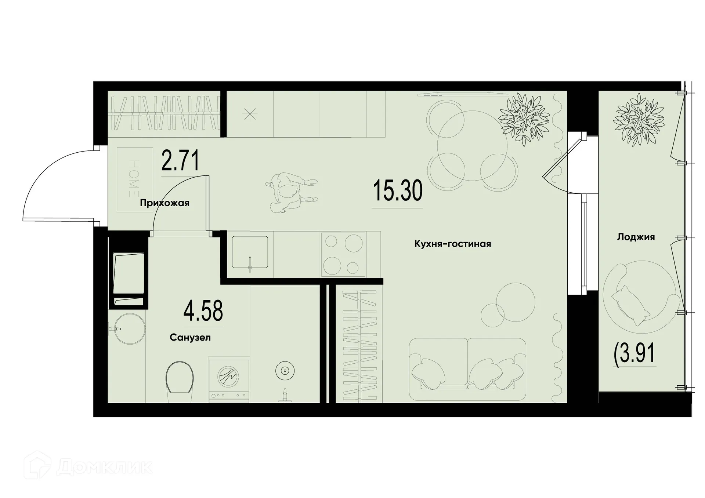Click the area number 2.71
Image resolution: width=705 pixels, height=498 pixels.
click(180, 161)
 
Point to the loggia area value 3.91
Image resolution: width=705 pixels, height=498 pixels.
click(634, 354)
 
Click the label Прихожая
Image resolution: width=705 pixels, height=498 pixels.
click(164, 203)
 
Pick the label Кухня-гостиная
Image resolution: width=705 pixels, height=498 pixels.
click(452, 244)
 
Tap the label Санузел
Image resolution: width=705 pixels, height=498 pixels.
click(190, 337)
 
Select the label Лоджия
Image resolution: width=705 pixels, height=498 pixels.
click(636, 237)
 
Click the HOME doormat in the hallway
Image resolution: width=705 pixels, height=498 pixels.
click(134, 179)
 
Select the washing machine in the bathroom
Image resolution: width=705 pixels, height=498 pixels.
click(228, 379)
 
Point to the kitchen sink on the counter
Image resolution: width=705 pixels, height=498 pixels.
click(250, 252)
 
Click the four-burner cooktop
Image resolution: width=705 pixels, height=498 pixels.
click(343, 254)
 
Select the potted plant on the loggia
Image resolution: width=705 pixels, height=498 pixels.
click(639, 120)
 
